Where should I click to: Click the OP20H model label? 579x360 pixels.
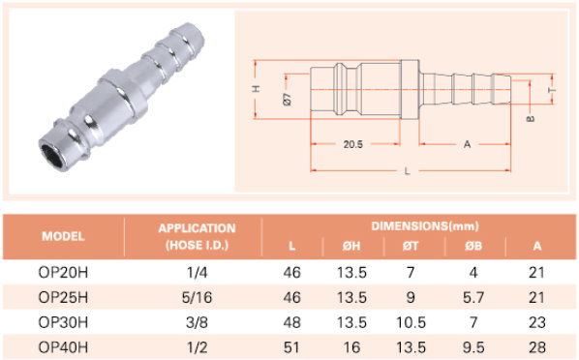point(63,273)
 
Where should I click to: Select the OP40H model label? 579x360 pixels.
point(63,347)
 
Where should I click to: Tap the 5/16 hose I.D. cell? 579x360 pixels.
point(197,298)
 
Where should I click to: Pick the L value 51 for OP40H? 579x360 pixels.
point(291,347)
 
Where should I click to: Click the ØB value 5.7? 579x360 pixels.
point(473,298)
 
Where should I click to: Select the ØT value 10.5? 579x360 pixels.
point(411,322)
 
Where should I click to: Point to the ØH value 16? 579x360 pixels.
point(351,347)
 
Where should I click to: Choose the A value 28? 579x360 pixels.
point(536,347)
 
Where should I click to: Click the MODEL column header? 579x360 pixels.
point(63,236)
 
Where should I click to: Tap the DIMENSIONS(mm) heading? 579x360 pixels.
point(425,225)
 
